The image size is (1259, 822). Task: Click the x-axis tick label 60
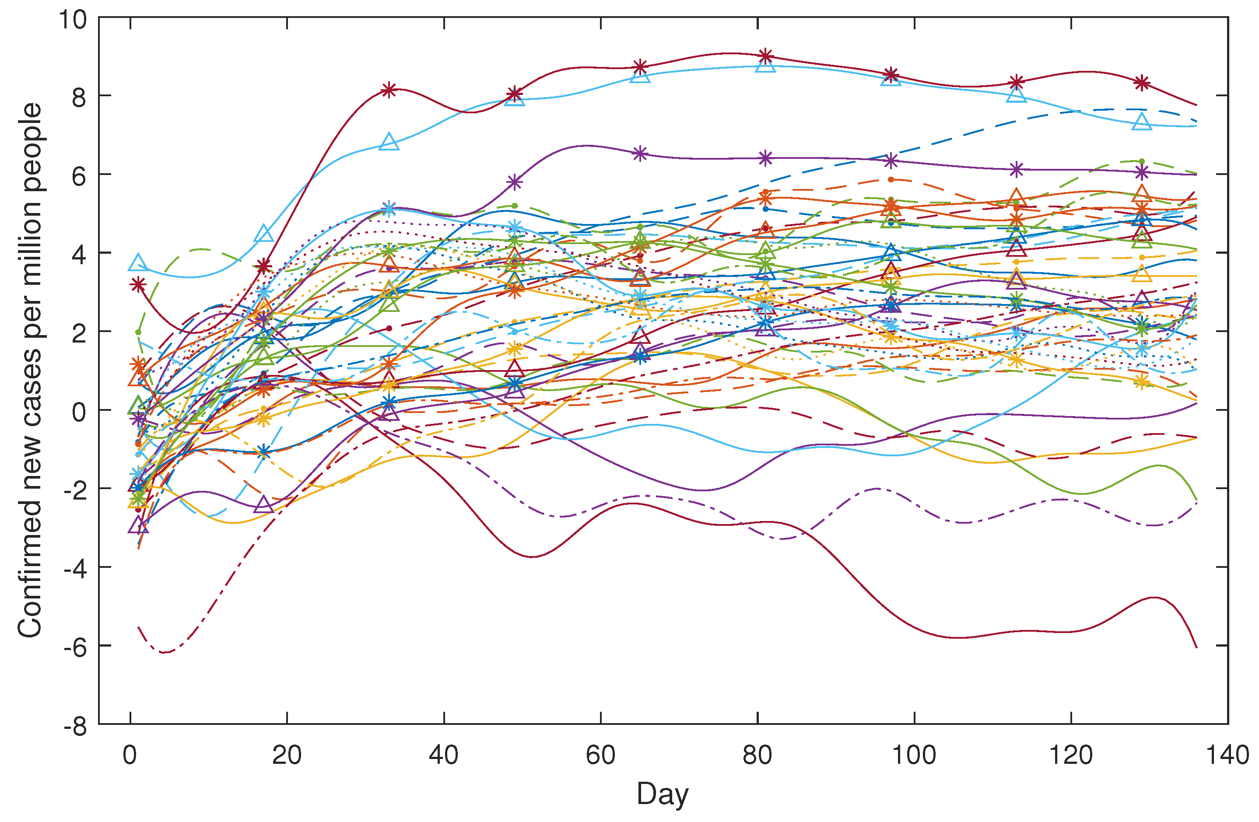600,756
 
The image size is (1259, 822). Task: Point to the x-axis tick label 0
130,756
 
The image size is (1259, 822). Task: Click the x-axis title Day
662,794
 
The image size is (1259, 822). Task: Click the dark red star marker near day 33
389,90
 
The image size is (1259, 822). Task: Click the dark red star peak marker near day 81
765,56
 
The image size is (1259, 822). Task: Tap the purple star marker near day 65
640,154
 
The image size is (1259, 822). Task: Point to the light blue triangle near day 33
389,142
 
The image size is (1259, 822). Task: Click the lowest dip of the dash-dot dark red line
165,652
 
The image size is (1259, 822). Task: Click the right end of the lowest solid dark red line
1196,647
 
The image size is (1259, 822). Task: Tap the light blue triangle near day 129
1142,122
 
